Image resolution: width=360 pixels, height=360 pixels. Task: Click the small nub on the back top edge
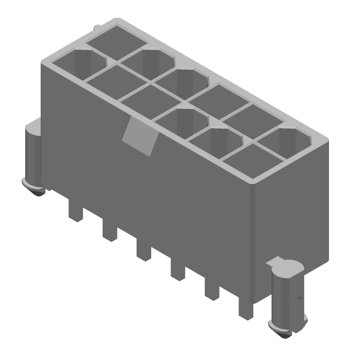coord(97,28)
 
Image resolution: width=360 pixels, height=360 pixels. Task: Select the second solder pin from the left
coord(109,231)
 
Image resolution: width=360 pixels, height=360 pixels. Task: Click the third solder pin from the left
coord(143,251)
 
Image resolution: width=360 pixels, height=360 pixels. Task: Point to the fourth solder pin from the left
coord(177,271)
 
